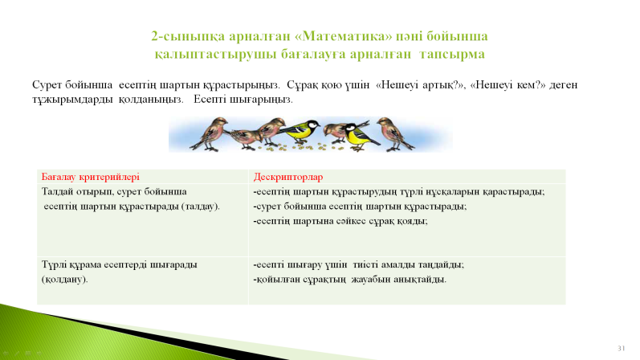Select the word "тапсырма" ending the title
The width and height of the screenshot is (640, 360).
452,55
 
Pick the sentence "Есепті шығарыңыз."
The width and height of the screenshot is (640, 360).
243,100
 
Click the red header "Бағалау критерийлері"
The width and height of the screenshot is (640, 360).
90,177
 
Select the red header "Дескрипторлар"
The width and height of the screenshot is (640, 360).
288,177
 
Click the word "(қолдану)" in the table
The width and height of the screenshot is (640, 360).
64,280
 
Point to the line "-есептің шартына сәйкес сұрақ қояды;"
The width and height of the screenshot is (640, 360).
340,221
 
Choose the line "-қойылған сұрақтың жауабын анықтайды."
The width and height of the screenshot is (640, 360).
350,280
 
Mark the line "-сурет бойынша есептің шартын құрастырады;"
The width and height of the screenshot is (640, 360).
360,207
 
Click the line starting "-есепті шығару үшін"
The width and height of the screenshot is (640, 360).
359,265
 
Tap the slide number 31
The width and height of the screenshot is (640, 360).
622,348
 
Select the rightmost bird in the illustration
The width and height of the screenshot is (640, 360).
394,133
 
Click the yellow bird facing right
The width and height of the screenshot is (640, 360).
301,130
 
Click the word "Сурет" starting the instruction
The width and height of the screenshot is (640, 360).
46,85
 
